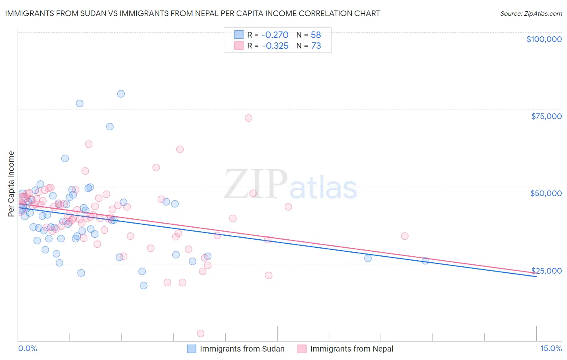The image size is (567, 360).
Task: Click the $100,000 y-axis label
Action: click(x=544, y=39)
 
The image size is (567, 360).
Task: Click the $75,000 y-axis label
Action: click(x=546, y=116)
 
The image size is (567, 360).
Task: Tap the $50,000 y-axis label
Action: click(x=546, y=193)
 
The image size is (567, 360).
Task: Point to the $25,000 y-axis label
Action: click(x=546, y=270)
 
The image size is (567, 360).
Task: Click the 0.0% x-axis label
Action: click(x=27, y=349)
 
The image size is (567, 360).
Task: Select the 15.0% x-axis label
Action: click(x=551, y=349)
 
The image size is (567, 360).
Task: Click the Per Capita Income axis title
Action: click(x=11, y=184)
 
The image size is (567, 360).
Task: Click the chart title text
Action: click(x=192, y=13)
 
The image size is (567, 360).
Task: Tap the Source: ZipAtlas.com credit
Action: click(x=531, y=13)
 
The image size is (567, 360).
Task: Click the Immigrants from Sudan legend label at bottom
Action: click(x=242, y=349)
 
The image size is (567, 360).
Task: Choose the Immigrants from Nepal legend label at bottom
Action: click(x=352, y=349)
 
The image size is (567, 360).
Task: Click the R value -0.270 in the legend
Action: click(x=275, y=35)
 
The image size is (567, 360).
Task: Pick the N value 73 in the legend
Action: click(x=316, y=46)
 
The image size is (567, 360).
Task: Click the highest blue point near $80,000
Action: click(x=121, y=94)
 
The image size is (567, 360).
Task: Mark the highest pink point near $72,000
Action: click(x=248, y=118)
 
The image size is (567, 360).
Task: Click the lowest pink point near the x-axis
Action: click(x=200, y=333)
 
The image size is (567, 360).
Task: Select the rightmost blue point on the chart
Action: click(x=425, y=261)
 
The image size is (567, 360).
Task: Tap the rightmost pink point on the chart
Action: click(x=405, y=236)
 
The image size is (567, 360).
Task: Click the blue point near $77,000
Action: click(x=79, y=103)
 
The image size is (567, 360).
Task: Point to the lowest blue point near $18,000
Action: click(x=144, y=285)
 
